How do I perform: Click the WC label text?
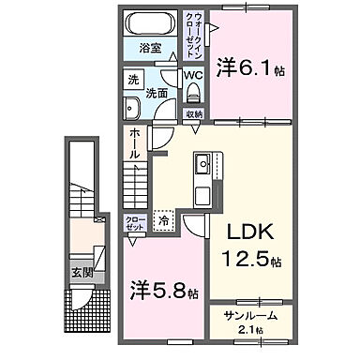tap(194, 75)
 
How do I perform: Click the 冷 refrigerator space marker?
tap(163, 223)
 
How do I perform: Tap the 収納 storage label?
tap(193, 114)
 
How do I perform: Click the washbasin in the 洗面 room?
tap(131, 106)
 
